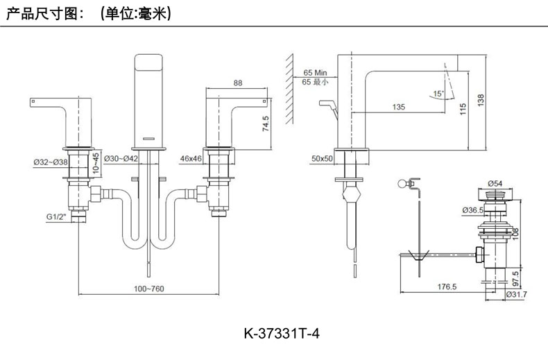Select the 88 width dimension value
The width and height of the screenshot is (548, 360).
(238, 83)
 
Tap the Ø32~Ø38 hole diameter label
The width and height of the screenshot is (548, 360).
(50, 162)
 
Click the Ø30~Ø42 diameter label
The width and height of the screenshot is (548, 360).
(121, 159)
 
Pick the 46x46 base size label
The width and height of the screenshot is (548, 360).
(191, 159)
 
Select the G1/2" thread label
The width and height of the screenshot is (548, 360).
(58, 217)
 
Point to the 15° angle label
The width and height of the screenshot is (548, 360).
(437, 93)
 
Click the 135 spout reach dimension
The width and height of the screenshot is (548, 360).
(399, 107)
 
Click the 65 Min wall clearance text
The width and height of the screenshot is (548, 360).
(316, 73)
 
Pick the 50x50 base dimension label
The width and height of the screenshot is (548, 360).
(323, 159)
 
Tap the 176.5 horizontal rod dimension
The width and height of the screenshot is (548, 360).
(448, 286)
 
